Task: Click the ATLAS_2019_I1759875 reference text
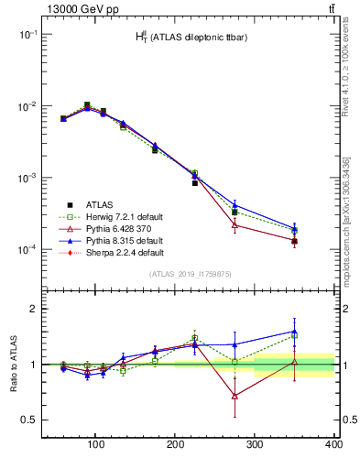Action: [x=189, y=273]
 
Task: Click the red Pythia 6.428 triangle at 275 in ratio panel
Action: [x=235, y=396]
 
